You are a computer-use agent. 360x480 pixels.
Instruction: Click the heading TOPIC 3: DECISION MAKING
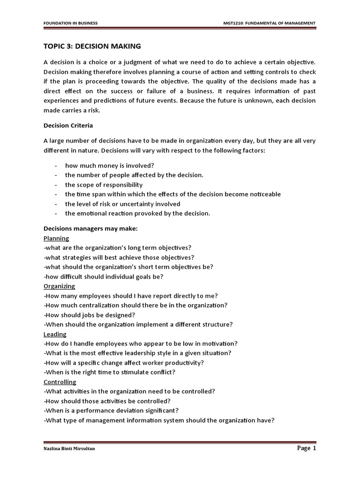pos(92,46)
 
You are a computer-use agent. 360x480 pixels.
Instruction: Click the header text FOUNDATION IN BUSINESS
pos(70,23)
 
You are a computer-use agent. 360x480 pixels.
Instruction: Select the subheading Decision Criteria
pos(68,125)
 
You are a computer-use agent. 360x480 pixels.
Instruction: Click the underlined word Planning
pos(56,238)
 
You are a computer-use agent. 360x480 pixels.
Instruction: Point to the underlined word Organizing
pos(59,286)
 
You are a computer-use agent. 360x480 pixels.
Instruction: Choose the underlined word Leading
pos(55,334)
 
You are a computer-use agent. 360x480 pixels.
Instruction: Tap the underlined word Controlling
pos(60,382)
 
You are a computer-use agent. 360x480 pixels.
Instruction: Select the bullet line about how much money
pos(109,165)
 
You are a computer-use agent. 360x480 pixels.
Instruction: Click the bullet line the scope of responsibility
pos(104,185)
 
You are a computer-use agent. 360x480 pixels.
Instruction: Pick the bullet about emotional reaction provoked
pos(137,213)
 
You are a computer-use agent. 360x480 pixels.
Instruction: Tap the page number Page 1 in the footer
pos(307,448)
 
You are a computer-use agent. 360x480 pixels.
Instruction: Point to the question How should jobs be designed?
pos(89,315)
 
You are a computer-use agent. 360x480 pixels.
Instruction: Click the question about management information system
pos(158,420)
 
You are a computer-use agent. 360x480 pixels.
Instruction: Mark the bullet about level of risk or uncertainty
pos(122,204)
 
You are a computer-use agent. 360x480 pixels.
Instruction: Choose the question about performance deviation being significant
pos(111,411)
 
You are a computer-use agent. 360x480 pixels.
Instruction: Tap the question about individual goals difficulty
pos(104,276)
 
